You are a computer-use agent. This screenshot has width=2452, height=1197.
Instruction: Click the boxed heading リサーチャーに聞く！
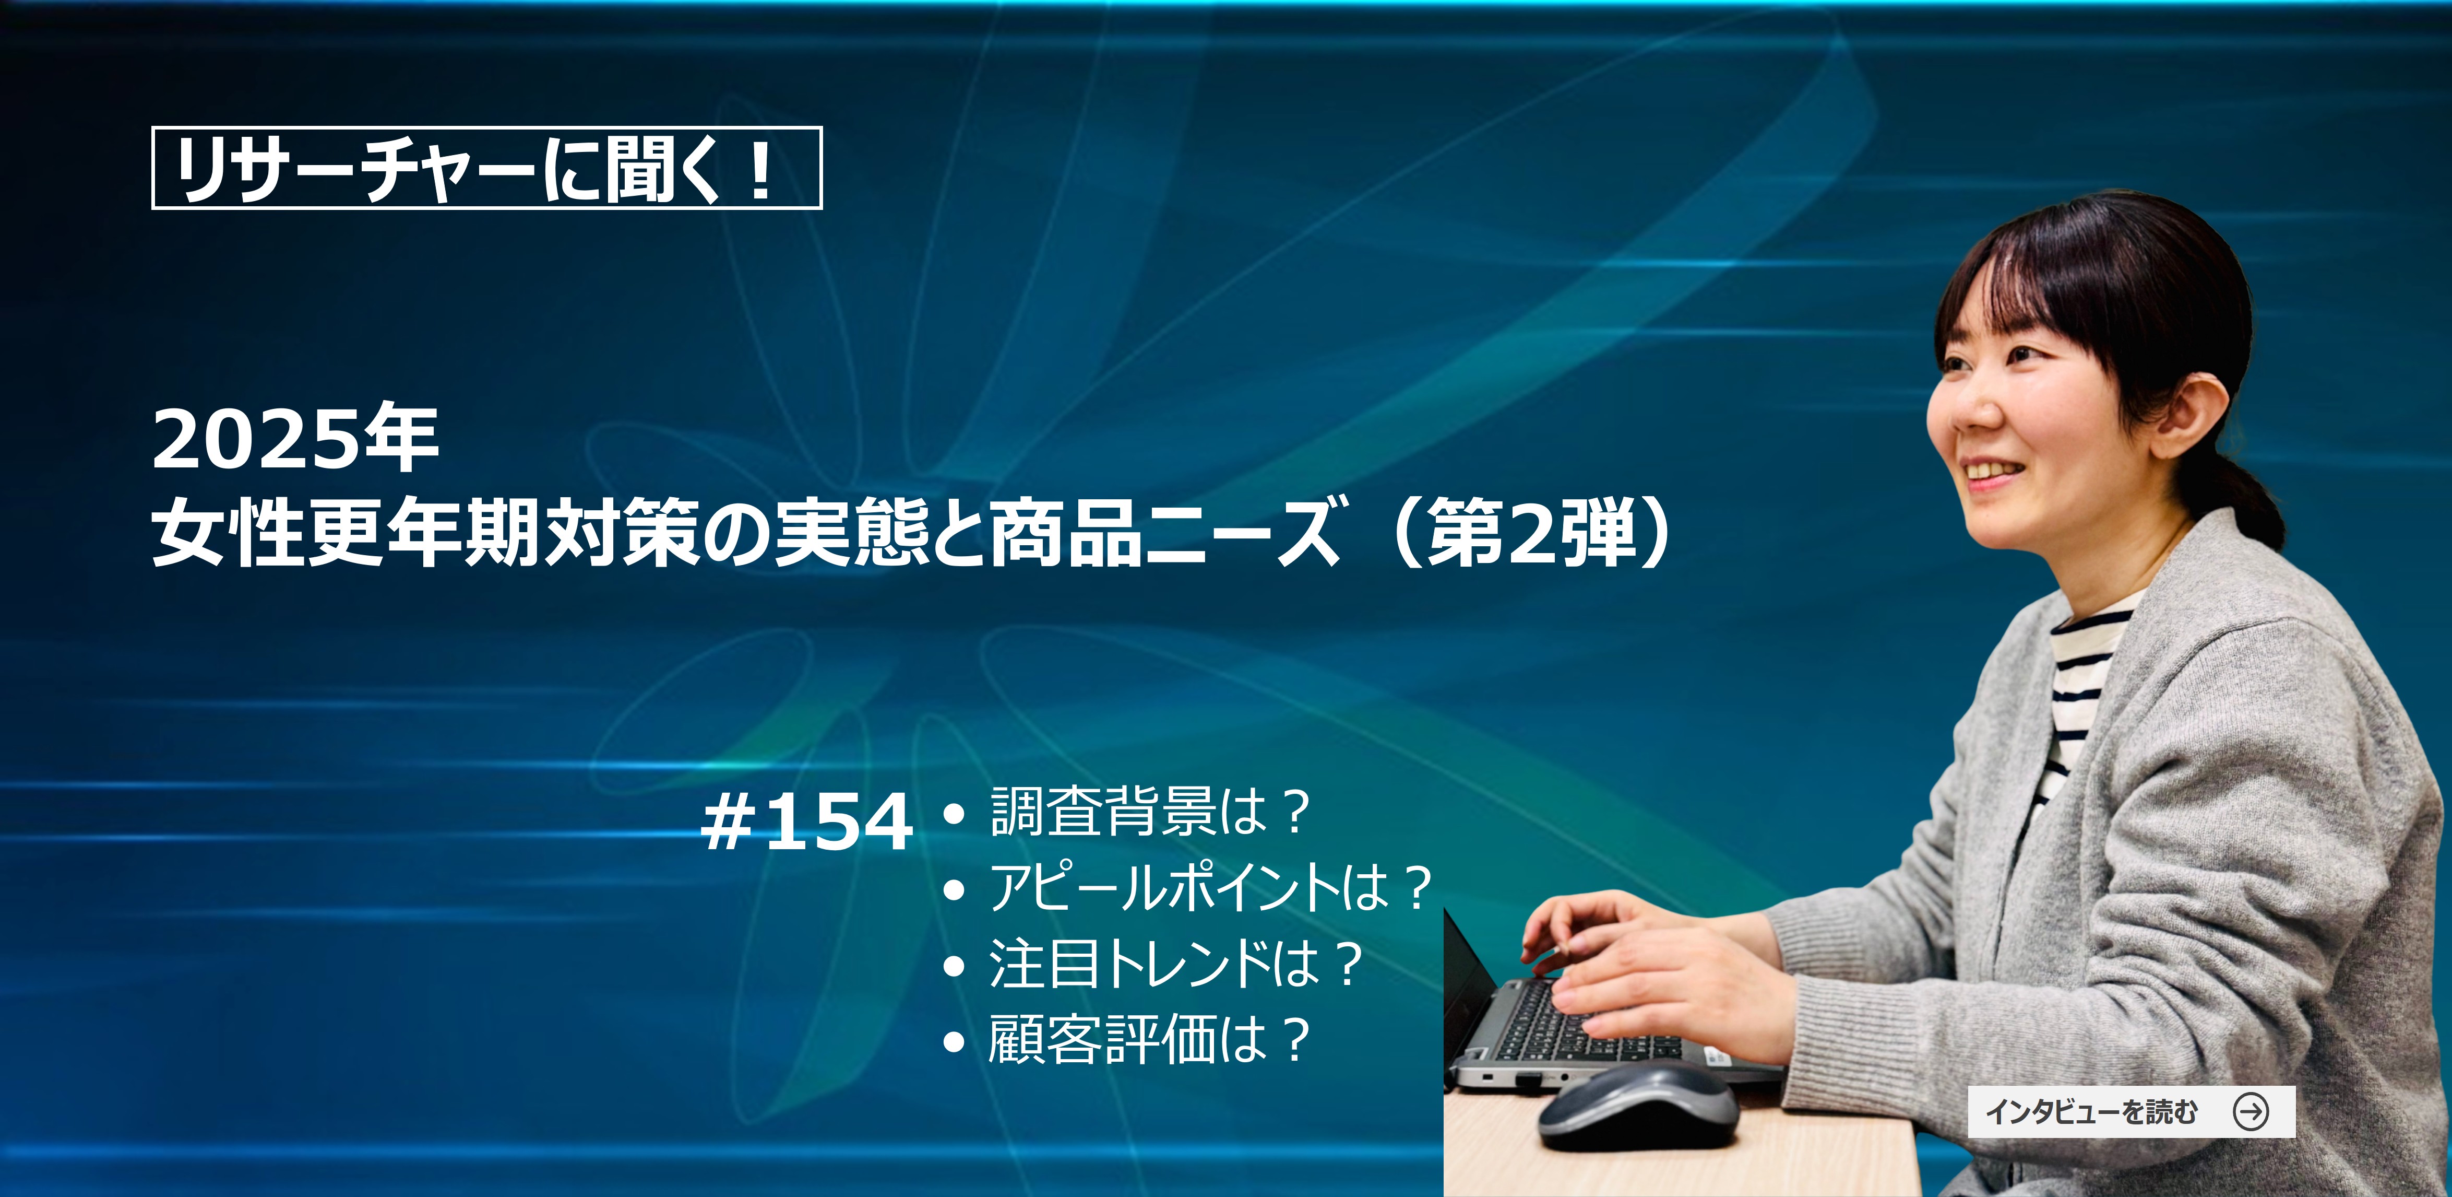(486, 168)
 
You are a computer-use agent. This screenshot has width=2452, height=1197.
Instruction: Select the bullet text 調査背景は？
(1150, 812)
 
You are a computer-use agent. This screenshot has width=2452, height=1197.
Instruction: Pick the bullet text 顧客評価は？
(1150, 1039)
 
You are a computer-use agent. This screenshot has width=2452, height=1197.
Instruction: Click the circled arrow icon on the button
(2251, 1111)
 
